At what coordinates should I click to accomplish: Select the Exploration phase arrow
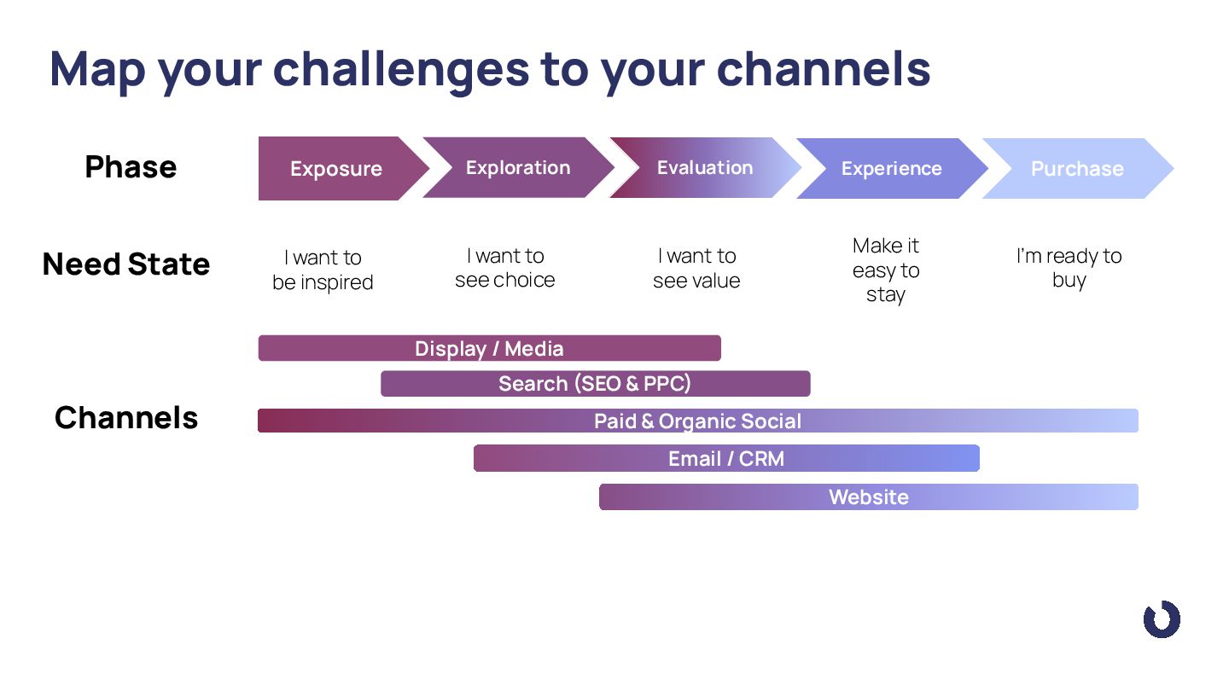[519, 168]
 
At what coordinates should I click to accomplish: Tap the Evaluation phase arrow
[705, 168]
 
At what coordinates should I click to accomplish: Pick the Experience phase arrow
[892, 168]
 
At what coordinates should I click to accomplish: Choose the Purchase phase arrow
[1078, 168]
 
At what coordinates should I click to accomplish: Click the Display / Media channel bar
[489, 348]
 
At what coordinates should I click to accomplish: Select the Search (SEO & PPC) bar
[596, 383]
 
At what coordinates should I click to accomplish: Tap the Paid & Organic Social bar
[698, 421]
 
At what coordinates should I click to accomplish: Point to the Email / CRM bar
[726, 458]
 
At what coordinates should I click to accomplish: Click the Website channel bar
[869, 496]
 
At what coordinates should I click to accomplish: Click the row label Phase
[131, 166]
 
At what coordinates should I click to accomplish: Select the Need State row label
[126, 264]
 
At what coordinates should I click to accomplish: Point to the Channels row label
[126, 418]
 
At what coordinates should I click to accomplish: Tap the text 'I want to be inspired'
[323, 270]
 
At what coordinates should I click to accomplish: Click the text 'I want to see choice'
[504, 268]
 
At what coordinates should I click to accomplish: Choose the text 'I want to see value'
[696, 268]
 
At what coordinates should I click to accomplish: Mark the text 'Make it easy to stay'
[886, 270]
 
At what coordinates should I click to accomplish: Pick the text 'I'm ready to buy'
[1069, 268]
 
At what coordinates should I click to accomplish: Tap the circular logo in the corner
[1162, 619]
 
